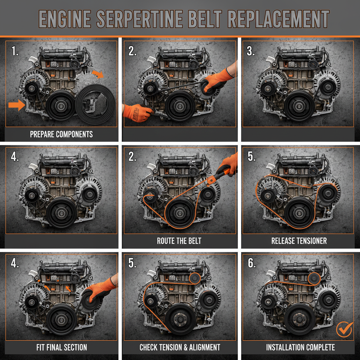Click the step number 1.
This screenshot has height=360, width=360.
[x=15, y=51]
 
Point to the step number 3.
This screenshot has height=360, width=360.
[x=251, y=51]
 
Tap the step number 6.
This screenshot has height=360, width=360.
[x=252, y=264]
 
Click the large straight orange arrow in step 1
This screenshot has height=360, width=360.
[x=15, y=105]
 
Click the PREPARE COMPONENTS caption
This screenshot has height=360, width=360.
[x=61, y=134]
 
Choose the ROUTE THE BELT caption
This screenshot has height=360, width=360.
[x=179, y=241]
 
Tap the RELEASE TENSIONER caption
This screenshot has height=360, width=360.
[x=299, y=241]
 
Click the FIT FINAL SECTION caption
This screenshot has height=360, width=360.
[x=62, y=348]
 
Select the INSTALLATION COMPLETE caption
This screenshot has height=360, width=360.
[x=300, y=348]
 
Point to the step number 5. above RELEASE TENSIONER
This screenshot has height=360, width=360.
[x=252, y=157]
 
